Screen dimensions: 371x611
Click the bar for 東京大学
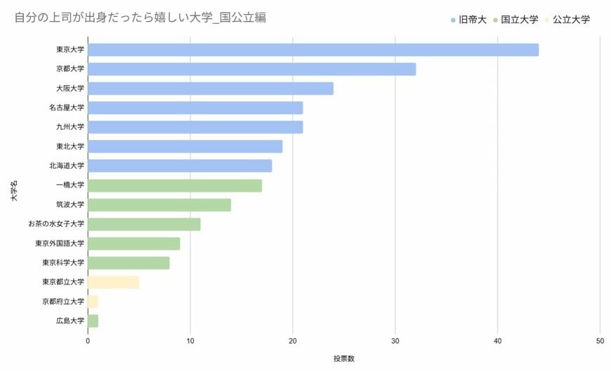pyautogui.click(x=313, y=50)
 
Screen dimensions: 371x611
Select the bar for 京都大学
pyautogui.click(x=251, y=69)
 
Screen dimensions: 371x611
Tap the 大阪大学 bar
pyautogui.click(x=210, y=89)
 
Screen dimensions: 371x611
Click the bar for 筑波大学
pyautogui.click(x=159, y=204)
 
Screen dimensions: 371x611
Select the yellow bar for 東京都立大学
pyautogui.click(x=113, y=282)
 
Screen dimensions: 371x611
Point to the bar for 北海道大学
pyautogui.click(x=179, y=166)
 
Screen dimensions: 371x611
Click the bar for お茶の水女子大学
pyautogui.click(x=143, y=224)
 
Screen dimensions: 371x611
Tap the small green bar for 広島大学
pyautogui.click(x=93, y=321)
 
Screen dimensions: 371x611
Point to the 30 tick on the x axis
pyautogui.click(x=395, y=341)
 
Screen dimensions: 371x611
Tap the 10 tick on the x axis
pyautogui.click(x=190, y=341)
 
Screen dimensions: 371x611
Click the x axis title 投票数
pyautogui.click(x=344, y=358)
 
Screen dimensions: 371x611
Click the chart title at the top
pyautogui.click(x=140, y=18)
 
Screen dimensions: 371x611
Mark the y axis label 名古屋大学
pyautogui.click(x=67, y=108)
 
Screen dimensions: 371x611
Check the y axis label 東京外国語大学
pyautogui.click(x=60, y=244)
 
